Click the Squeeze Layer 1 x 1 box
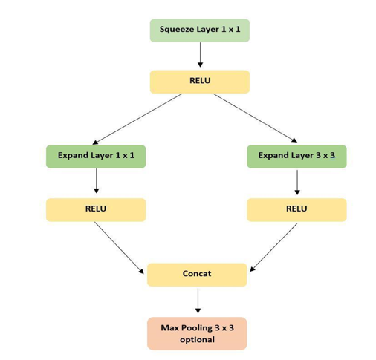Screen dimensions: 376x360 (x=200, y=30)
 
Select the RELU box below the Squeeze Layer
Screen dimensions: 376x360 (x=200, y=82)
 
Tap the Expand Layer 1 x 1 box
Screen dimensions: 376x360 (x=96, y=157)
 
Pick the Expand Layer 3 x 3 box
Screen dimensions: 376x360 (x=296, y=157)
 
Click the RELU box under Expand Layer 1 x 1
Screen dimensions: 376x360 (x=96, y=210)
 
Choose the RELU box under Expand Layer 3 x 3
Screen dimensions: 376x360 (x=296, y=210)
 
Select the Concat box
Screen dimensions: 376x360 (x=197, y=275)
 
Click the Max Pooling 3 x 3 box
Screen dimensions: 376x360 (x=197, y=333)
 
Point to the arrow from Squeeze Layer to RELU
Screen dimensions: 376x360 (x=200, y=55)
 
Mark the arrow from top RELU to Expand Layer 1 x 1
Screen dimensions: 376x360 (x=137, y=119)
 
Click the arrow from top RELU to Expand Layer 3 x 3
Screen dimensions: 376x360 (x=255, y=118)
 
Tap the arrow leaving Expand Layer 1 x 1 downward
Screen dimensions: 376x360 (x=97, y=181)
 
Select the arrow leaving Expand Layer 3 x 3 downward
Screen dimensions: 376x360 (x=297, y=183)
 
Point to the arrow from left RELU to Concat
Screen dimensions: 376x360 (x=119, y=248)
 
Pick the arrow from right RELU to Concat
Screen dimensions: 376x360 (x=273, y=247)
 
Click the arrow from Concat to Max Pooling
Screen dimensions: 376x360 (x=198, y=301)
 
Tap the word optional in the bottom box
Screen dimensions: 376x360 (x=197, y=340)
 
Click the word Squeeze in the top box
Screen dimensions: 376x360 (x=177, y=30)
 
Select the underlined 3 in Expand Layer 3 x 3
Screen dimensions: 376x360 (x=333, y=155)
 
